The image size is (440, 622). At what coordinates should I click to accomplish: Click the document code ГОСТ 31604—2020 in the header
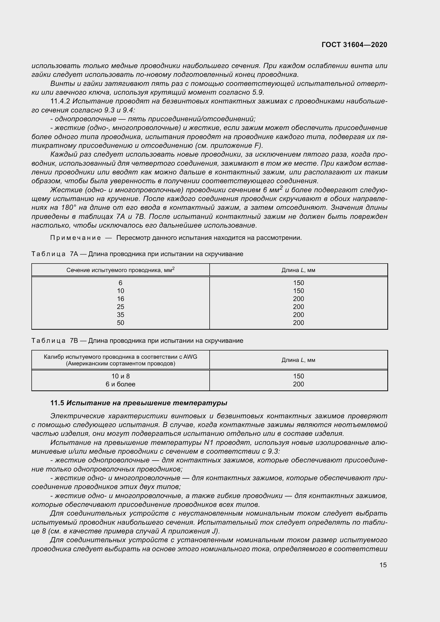click(354, 45)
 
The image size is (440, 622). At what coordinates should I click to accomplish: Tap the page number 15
click(383, 565)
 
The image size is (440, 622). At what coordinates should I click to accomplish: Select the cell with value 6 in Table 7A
click(120, 283)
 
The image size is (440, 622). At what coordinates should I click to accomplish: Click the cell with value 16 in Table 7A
click(120, 299)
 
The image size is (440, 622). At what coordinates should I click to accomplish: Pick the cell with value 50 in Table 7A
click(120, 323)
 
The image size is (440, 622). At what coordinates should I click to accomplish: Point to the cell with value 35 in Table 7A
click(120, 315)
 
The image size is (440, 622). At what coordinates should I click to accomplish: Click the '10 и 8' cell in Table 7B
click(120, 376)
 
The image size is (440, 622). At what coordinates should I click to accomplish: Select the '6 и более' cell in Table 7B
click(120, 384)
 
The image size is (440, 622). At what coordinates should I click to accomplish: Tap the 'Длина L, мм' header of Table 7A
click(298, 270)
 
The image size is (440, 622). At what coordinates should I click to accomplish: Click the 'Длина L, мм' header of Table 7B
click(298, 360)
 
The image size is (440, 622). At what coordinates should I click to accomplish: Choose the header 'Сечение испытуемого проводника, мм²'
click(120, 270)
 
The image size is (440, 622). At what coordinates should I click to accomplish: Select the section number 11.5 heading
click(57, 403)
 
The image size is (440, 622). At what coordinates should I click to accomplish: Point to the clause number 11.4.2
click(60, 101)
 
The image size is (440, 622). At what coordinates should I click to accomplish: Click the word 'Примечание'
click(76, 238)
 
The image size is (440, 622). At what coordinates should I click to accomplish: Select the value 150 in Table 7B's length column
click(298, 376)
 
